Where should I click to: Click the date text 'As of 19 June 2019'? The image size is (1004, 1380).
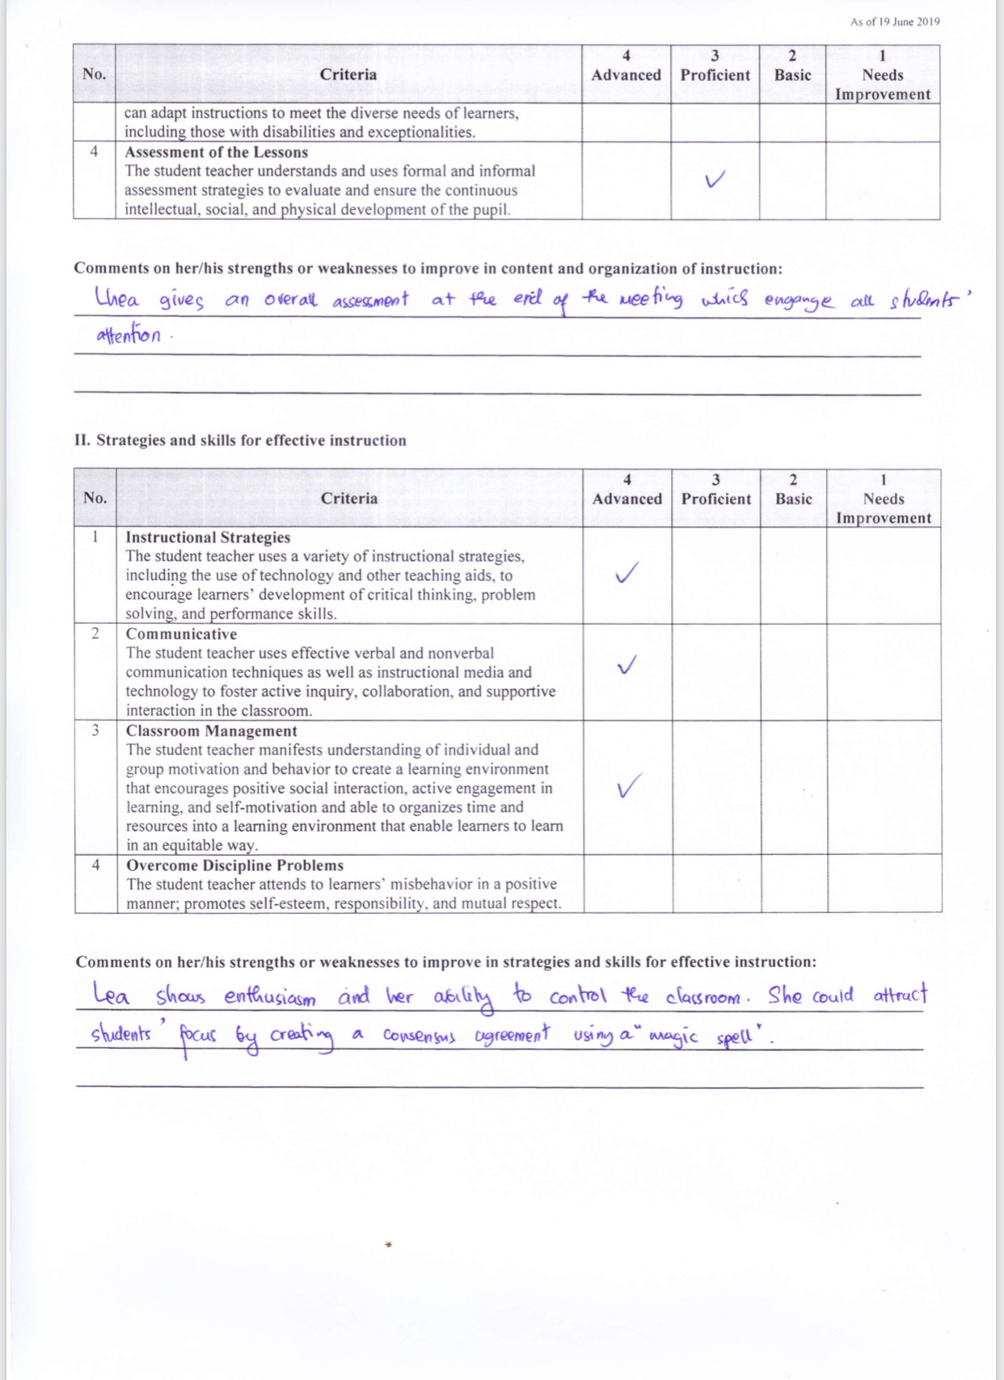[x=894, y=22]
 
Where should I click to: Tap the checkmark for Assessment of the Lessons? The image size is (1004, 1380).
[x=715, y=179]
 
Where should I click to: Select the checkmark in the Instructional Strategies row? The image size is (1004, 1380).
[x=626, y=573]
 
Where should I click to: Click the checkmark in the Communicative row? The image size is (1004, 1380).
[x=626, y=665]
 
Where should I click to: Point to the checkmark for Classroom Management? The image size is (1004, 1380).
[x=629, y=785]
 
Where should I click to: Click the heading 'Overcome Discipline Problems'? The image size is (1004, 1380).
[x=234, y=865]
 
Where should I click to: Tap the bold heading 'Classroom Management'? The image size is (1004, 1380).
[x=211, y=731]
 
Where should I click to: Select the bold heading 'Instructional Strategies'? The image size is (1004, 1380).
[x=208, y=537]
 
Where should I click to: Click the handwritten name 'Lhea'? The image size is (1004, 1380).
[x=117, y=298]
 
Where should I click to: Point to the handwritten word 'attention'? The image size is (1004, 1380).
[x=129, y=335]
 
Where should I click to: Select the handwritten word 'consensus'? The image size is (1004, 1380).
[x=420, y=1036]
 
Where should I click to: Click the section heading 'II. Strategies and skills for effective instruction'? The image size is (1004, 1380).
[x=240, y=440]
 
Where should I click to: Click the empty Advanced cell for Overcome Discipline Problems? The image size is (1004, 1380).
[x=627, y=884]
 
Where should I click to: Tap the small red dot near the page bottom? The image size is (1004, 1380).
[x=389, y=1244]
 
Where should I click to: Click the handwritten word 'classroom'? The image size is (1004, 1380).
[x=702, y=997]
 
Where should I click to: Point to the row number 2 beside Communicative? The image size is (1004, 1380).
[x=95, y=633]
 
